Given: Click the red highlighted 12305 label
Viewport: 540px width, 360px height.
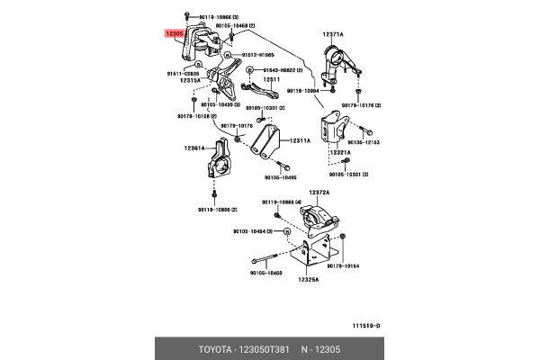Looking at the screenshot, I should tap(174, 33).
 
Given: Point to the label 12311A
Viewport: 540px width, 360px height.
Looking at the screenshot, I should tap(299, 140).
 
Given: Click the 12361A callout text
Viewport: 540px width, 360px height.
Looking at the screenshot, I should tap(196, 147).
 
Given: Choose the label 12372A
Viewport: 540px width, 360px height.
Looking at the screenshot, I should tap(319, 193).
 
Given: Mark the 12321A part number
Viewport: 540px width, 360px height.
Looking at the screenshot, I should tap(338, 153).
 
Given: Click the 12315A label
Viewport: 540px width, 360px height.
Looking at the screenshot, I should tap(190, 80).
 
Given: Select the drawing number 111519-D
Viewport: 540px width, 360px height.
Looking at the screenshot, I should tap(365, 325).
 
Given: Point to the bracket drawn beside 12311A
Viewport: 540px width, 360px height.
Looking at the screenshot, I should tap(266, 142).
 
